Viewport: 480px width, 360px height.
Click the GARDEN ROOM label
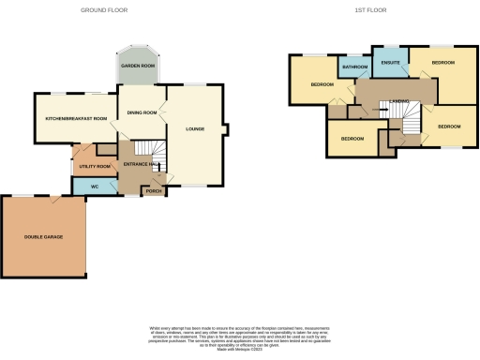pyautogui.click(x=137, y=67)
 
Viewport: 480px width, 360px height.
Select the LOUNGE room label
pyautogui.click(x=195, y=128)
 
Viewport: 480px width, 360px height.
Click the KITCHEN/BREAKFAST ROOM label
pyautogui.click(x=77, y=118)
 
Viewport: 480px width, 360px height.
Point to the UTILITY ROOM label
pyautogui.click(x=95, y=166)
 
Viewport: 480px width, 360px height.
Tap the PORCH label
pyautogui.click(x=153, y=192)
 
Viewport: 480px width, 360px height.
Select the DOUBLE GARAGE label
pyautogui.click(x=43, y=237)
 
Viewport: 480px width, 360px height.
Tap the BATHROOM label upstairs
pyautogui.click(x=354, y=67)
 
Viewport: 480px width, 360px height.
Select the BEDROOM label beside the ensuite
pyautogui.click(x=442, y=63)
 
